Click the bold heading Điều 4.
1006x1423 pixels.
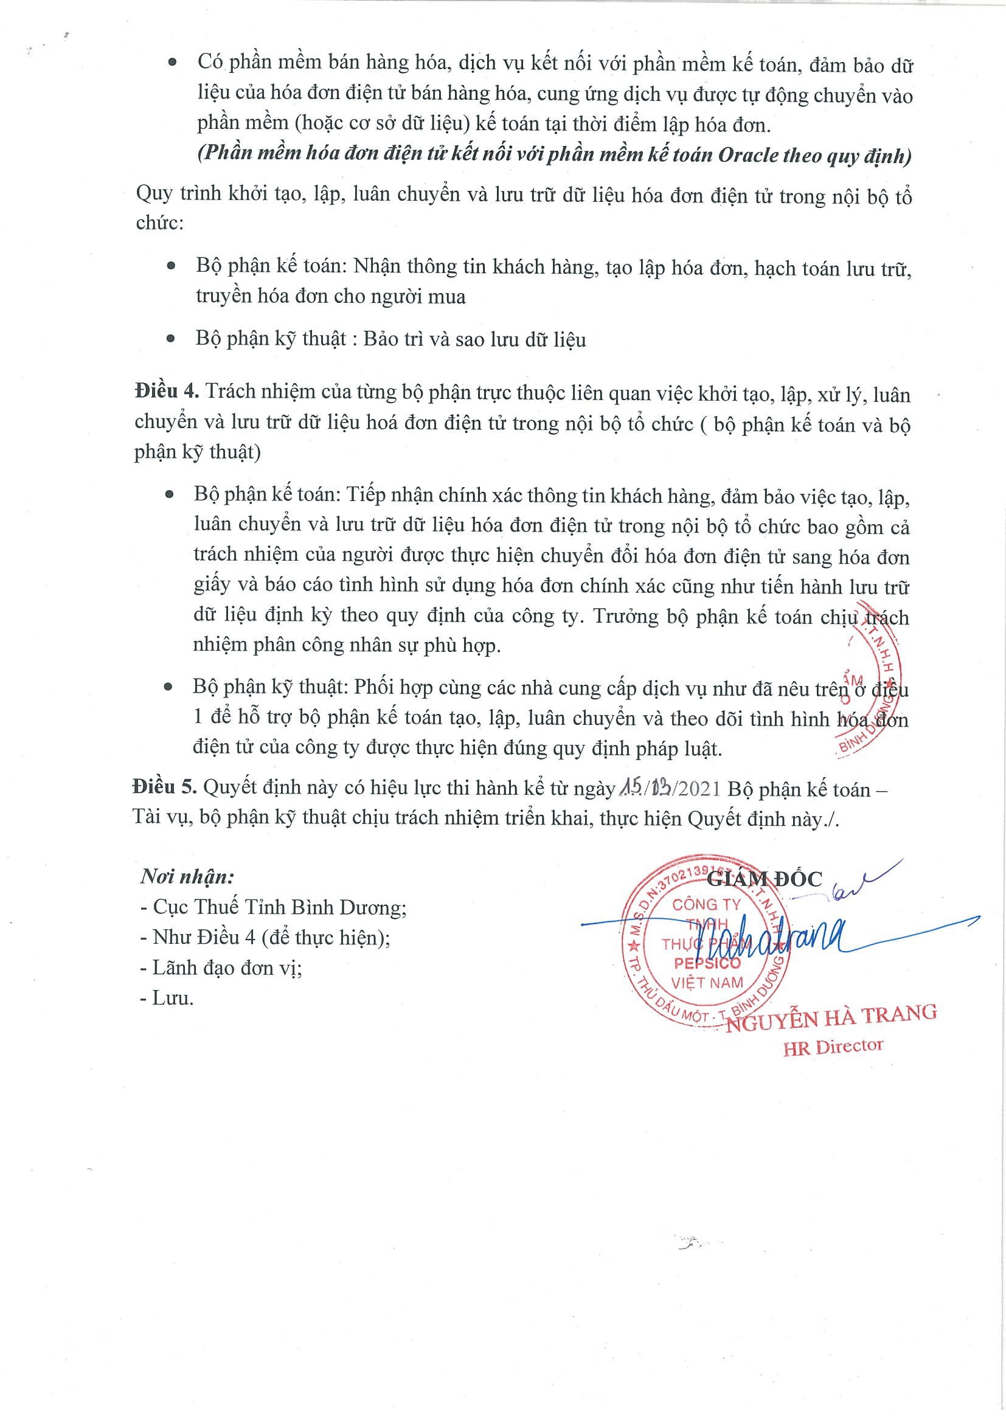166,392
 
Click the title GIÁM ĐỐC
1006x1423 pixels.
765,878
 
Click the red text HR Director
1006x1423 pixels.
833,1047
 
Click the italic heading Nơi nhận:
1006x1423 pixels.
187,877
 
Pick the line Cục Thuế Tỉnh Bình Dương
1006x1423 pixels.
273,907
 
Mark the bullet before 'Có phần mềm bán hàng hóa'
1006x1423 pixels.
172,63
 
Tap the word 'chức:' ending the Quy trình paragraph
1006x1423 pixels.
160,223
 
